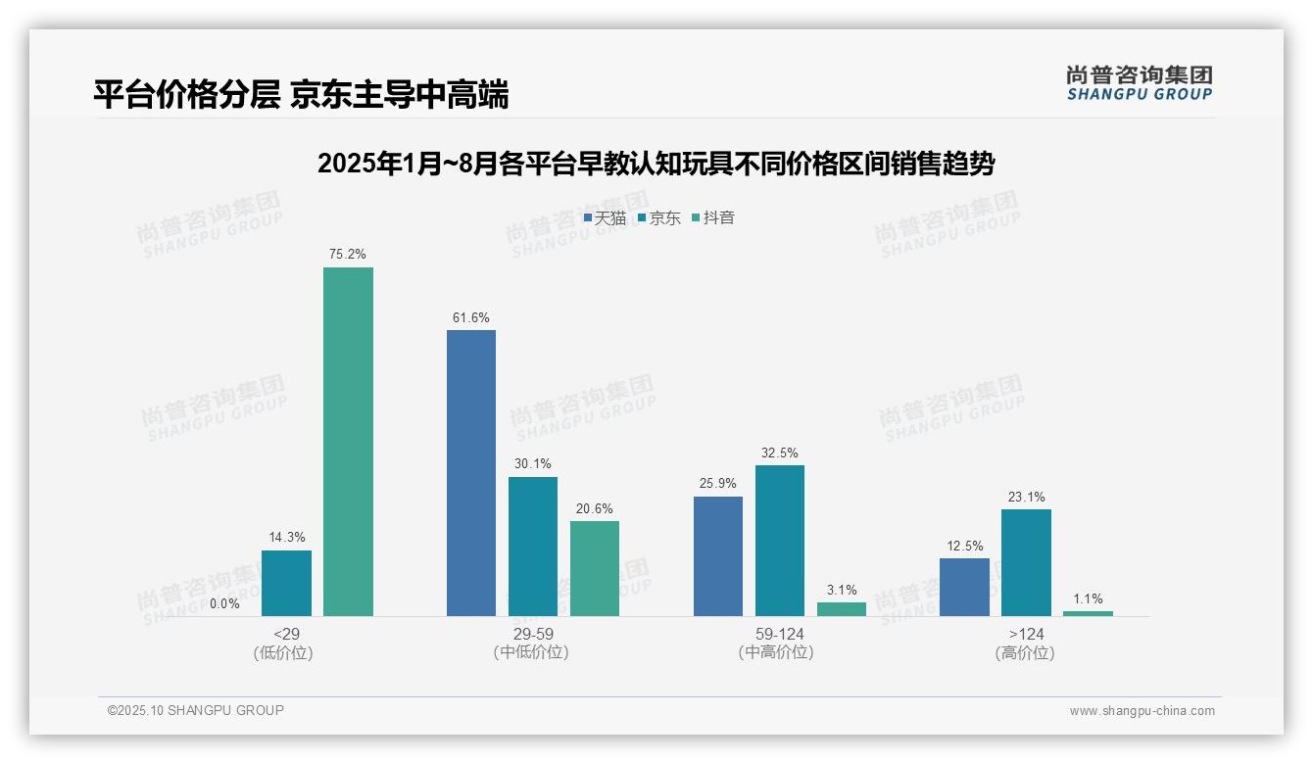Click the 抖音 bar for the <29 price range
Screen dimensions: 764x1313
[x=348, y=442]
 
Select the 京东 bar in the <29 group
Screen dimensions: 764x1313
[x=286, y=583]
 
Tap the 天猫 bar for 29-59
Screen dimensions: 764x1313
[x=471, y=473]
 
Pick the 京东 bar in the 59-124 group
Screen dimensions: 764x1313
[x=780, y=541]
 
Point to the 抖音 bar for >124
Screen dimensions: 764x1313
[x=1088, y=613]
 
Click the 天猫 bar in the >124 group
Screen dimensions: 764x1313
[x=964, y=587]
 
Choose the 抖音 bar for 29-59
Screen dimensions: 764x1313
[x=595, y=568]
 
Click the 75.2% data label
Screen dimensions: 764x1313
[x=348, y=255]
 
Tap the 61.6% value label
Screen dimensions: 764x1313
[x=471, y=318]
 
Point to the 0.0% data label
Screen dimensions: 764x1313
[x=224, y=604]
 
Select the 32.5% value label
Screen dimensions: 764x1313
[x=780, y=454]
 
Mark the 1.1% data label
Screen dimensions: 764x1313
[x=1088, y=599]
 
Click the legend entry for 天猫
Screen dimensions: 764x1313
[x=605, y=218]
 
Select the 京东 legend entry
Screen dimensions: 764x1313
[x=659, y=218]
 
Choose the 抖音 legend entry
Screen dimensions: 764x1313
[x=713, y=218]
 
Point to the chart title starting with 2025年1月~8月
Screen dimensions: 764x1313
[x=656, y=165]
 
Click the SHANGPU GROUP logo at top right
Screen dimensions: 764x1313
[x=1139, y=83]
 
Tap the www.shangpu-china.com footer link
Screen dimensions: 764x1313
[x=1142, y=711]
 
